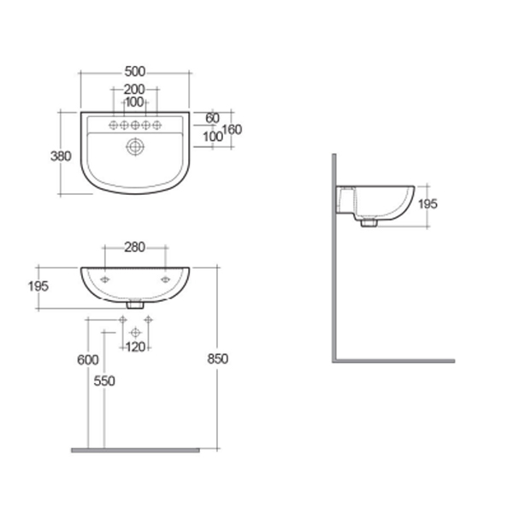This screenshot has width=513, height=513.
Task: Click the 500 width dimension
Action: coord(133,71)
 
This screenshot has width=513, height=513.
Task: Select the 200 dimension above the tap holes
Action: coord(133,89)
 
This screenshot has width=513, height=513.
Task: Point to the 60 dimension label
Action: coord(213,117)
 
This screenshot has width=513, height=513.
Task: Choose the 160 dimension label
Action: coord(232,130)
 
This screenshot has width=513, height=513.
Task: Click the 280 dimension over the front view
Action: coord(134,247)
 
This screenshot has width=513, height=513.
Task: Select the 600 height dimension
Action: coord(88,359)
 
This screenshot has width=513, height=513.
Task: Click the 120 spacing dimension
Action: coord(135,346)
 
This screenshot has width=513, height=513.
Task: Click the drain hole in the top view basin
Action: coord(134,147)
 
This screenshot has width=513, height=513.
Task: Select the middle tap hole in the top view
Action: coord(134,126)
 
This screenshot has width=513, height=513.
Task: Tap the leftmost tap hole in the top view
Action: coord(112,126)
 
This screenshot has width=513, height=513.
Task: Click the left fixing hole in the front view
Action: coord(104,280)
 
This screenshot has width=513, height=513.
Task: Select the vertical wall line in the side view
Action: coord(333,256)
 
